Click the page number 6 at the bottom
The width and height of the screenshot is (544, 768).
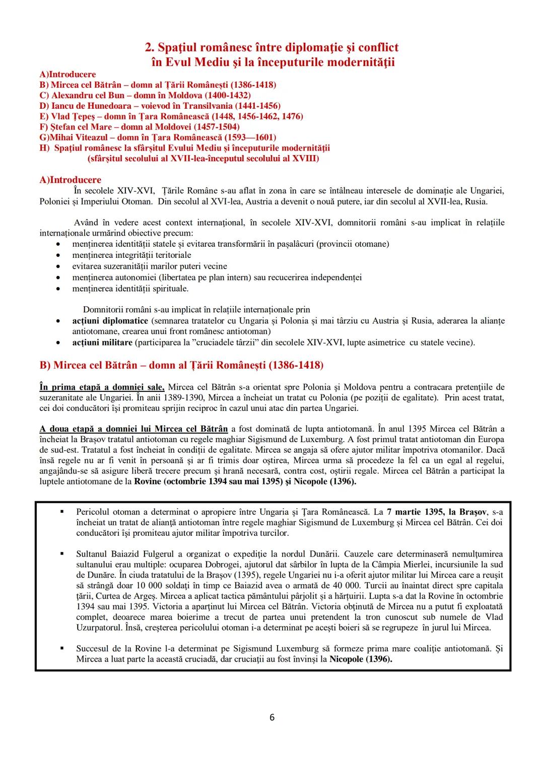pos(272,717)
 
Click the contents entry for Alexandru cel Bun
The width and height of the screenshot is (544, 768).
pos(145,95)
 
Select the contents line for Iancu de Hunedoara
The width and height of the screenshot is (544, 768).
pos(160,106)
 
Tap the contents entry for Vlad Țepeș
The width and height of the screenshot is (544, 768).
pos(171,116)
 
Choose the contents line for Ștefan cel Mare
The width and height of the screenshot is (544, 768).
pos(140,127)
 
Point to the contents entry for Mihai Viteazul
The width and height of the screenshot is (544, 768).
pos(158,137)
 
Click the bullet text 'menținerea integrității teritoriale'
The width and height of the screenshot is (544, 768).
pos(131,255)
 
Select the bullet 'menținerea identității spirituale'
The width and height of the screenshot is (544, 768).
pos(130,289)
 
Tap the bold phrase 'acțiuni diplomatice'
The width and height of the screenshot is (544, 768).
pos(110,321)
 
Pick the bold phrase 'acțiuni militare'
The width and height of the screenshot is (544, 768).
pos(103,342)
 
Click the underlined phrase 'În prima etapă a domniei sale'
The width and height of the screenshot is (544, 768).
pos(102,387)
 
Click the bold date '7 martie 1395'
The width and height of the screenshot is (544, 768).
pos(415,512)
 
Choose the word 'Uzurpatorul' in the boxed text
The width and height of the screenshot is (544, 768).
pos(99,627)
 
